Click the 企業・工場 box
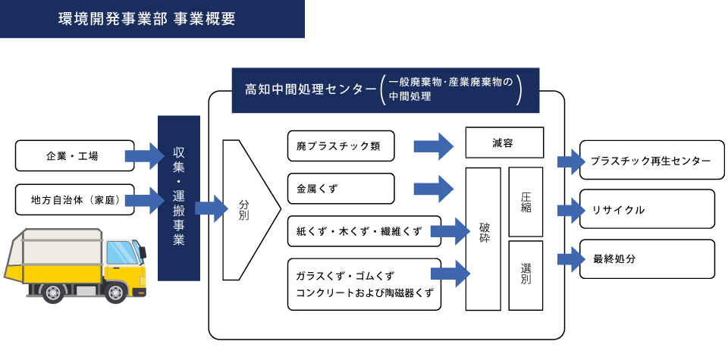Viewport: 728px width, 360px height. pyautogui.click(x=74, y=156)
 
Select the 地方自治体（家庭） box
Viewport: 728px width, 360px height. pyautogui.click(x=74, y=200)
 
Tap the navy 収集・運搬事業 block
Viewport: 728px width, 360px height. pyautogui.click(x=179, y=198)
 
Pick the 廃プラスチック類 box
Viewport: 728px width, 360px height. pyautogui.click(x=341, y=146)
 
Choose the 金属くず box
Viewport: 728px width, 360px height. pyautogui.click(x=341, y=188)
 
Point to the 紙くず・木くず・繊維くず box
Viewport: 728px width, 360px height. pyautogui.click(x=364, y=231)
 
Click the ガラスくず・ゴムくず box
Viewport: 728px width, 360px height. pyautogui.click(x=364, y=284)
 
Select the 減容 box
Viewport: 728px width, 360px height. pyautogui.click(x=504, y=142)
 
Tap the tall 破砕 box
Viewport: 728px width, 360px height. pyautogui.click(x=483, y=239)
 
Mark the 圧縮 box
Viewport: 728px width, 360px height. pyautogui.click(x=526, y=202)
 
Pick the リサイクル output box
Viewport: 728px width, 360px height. pyautogui.click(x=647, y=209)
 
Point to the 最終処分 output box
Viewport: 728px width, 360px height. pyautogui.click(x=647, y=259)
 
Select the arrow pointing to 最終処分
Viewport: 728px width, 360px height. pyautogui.click(x=570, y=259)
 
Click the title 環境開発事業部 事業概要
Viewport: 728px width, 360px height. pyautogui.click(x=146, y=19)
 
